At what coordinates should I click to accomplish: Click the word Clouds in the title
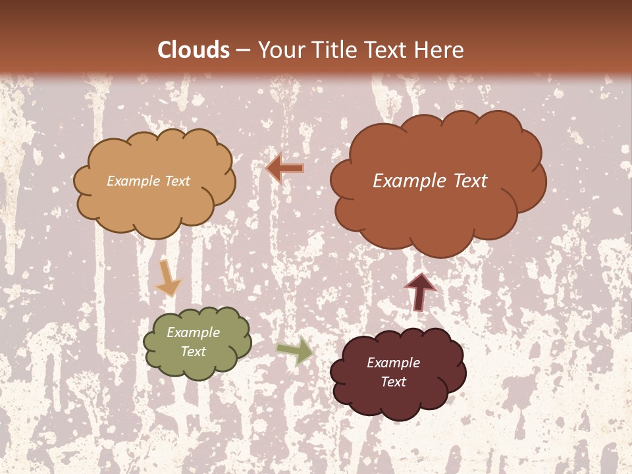194,50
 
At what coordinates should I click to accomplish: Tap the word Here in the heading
440,50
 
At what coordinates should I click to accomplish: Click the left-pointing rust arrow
284,169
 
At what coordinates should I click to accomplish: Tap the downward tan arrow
169,278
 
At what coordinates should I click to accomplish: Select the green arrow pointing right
295,350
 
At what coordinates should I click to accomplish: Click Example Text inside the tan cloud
148,181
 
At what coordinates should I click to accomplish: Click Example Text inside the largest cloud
430,181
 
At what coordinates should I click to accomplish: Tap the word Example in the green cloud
193,333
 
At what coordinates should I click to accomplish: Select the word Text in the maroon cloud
393,382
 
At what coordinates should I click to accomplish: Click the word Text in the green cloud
193,352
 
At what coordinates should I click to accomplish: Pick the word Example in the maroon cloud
393,363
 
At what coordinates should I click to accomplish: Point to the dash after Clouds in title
243,50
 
